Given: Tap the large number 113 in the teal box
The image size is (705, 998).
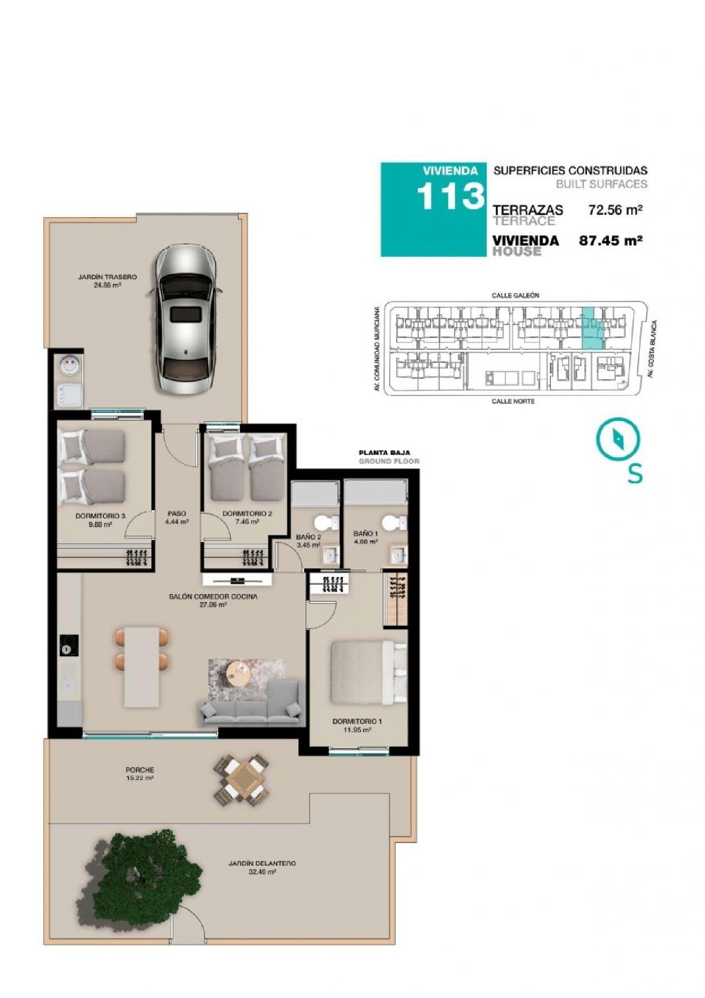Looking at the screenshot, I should pos(450,196).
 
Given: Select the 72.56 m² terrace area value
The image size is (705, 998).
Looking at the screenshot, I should pos(615,210).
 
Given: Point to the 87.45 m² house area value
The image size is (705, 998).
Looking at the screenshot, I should pos(611,241).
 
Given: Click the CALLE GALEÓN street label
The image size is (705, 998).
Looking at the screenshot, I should pos(515,295).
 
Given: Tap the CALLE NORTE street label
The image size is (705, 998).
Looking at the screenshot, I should pos(513,401).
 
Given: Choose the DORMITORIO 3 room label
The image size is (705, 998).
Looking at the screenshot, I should pos(100,516).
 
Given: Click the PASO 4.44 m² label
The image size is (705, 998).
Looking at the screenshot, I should pos(177,518).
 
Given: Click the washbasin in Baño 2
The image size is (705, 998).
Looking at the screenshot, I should pos(329,555).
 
